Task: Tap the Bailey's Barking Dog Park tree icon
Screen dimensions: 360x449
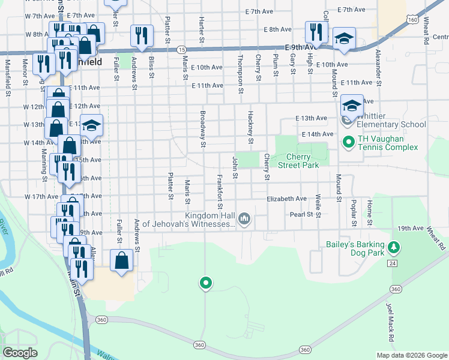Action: [x=394, y=247]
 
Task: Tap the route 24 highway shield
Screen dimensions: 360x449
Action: [x=392, y=263]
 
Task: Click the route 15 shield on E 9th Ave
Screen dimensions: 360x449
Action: [x=182, y=49]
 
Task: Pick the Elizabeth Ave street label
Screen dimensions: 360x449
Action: [x=287, y=199]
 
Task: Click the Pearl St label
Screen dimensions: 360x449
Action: [x=302, y=214]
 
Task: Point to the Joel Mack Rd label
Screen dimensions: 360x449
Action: [x=390, y=323]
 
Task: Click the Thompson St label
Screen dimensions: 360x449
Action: [x=240, y=74]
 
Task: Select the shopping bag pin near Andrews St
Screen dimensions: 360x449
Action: [x=121, y=260]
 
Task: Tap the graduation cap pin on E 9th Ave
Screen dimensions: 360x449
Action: [x=344, y=38]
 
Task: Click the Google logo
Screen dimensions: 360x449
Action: [x=20, y=353]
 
